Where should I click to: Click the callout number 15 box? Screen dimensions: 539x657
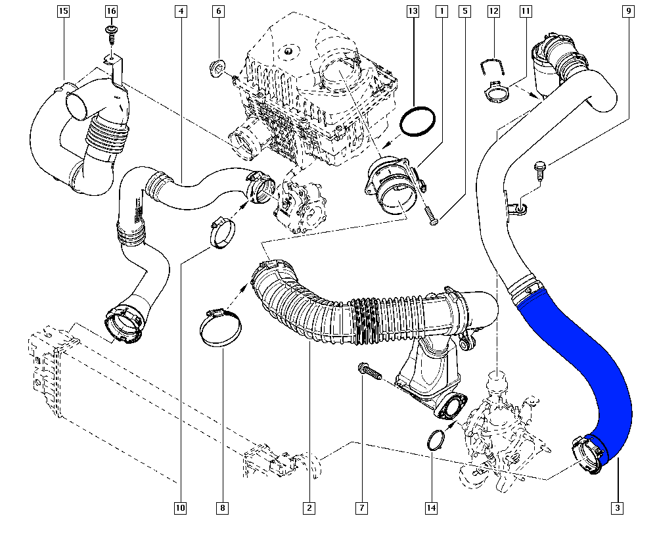coord(63,11)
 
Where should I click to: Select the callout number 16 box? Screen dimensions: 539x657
coord(111,11)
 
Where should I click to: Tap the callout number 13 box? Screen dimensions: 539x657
coord(413,11)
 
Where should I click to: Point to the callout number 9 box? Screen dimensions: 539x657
coord(629,11)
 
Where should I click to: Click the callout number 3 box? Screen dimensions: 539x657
coord(617,507)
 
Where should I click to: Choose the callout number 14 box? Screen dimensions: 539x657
coord(431,507)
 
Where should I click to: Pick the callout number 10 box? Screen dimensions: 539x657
coord(180,507)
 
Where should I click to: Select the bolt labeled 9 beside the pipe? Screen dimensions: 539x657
coord(539,168)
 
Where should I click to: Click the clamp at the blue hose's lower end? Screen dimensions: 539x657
coord(588,453)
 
